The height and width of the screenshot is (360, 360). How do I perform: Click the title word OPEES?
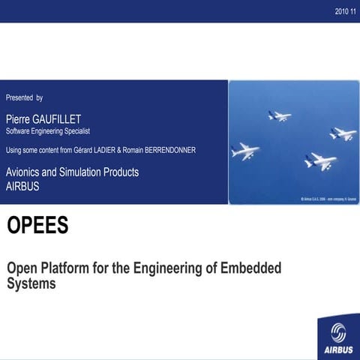tap(37, 226)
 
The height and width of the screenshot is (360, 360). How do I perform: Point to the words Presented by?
tap(24, 97)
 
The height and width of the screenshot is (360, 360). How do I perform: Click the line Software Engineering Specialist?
tap(48, 130)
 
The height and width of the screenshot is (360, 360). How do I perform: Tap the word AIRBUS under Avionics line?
tap(22, 187)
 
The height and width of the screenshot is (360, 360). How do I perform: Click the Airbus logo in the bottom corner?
tap(338, 337)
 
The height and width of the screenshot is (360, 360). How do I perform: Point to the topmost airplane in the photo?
tap(279, 115)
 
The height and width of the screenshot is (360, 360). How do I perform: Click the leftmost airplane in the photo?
tap(245, 151)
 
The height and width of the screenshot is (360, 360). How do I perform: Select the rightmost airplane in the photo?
tap(343, 134)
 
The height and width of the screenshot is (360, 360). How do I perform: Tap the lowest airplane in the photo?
tap(320, 161)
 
